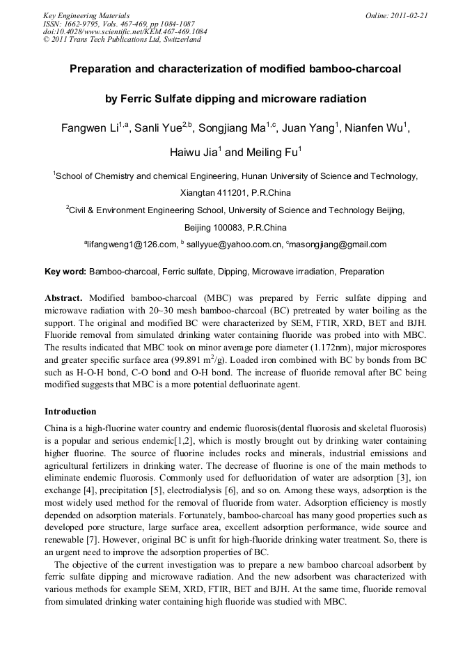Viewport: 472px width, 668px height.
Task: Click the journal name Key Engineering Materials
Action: [86, 15]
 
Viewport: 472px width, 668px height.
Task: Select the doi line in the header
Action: [125, 31]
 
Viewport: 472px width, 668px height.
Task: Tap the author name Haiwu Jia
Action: [194, 153]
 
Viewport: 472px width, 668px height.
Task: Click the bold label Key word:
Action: [65, 271]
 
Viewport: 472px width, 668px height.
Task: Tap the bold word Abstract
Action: [64, 297]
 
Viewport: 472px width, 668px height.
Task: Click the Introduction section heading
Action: [70, 412]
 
